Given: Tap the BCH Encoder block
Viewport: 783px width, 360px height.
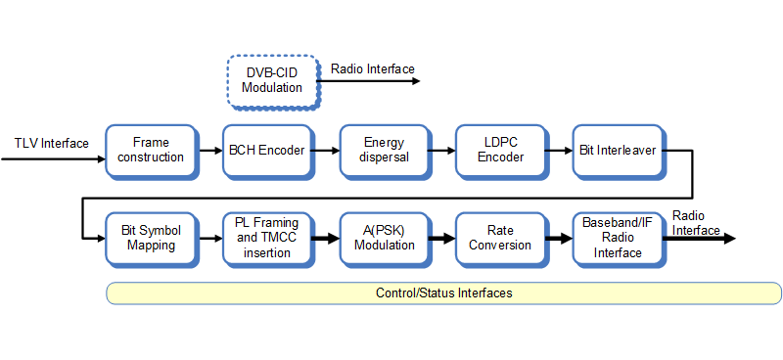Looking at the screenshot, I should [266, 150].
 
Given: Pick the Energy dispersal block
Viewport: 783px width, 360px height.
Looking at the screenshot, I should [383, 150].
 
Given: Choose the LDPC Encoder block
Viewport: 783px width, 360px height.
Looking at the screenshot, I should [500, 150].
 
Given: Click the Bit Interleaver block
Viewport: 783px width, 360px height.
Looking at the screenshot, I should [617, 150].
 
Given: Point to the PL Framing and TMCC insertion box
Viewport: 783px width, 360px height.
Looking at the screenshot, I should [266, 238].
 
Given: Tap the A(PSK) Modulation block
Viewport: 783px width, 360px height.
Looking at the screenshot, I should [383, 238].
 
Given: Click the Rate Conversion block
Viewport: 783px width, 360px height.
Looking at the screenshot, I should [500, 238].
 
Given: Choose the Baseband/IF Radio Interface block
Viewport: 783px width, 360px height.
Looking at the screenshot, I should [617, 238].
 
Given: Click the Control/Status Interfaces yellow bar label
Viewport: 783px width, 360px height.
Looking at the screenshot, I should [443, 293].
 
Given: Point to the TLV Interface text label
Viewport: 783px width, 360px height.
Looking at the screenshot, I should [51, 143].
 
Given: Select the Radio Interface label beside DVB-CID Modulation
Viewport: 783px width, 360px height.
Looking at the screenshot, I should [372, 68].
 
